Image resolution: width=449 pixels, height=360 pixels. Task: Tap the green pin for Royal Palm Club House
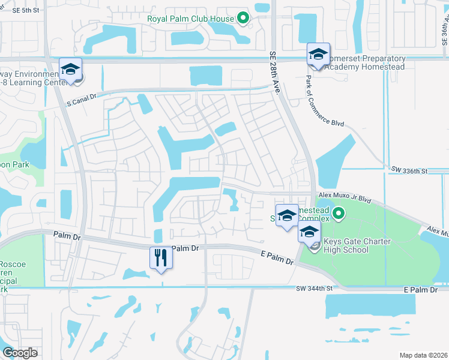pyautogui.click(x=243, y=19)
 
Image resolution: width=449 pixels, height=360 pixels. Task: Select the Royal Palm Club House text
pyautogui.click(x=190, y=19)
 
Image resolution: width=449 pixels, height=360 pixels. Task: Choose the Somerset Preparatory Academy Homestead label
pyautogui.click(x=364, y=62)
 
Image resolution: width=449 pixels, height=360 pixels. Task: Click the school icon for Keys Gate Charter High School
pyautogui.click(x=309, y=232)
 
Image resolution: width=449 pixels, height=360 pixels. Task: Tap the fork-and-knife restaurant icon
pyautogui.click(x=160, y=258)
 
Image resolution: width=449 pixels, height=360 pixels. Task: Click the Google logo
pyautogui.click(x=20, y=353)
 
